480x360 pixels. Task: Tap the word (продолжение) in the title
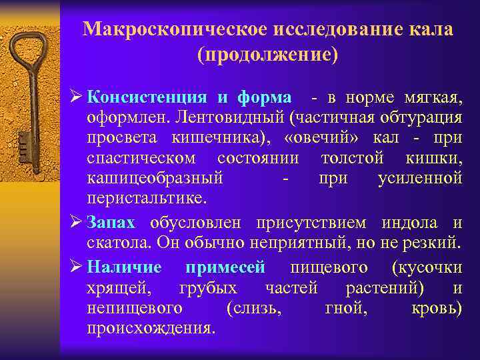(x=267, y=55)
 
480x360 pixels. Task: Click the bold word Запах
(x=111, y=223)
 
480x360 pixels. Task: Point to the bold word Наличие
(x=124, y=267)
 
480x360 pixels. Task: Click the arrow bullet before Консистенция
(x=77, y=97)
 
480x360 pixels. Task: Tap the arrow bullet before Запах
(x=77, y=223)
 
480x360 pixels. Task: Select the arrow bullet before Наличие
(x=77, y=267)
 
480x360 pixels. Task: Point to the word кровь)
(x=437, y=308)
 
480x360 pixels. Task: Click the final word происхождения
(x=151, y=328)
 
